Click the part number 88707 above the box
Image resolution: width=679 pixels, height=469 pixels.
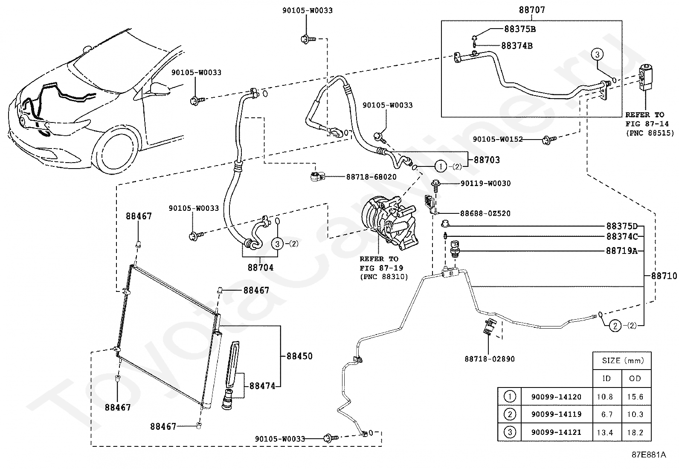[x=532, y=10]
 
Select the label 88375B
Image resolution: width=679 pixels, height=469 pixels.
[x=520, y=29]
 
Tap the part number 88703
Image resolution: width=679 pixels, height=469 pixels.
[x=487, y=160]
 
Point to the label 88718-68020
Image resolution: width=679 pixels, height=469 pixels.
[x=371, y=177]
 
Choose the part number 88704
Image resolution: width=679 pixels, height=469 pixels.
[x=261, y=268]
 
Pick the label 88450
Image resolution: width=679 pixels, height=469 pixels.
[x=299, y=356]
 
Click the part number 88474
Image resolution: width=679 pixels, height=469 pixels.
[x=262, y=386]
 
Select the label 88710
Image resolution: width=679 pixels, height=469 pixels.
[x=664, y=276]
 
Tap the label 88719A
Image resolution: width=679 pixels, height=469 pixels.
[x=622, y=251]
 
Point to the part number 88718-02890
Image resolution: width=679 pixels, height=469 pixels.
[x=490, y=359]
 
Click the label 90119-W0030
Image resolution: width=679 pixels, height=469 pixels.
[x=486, y=183]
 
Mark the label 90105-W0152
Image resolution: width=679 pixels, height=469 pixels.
[x=498, y=139]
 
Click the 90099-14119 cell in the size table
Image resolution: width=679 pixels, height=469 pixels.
[x=557, y=414]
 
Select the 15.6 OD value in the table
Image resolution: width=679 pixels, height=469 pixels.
[x=635, y=397]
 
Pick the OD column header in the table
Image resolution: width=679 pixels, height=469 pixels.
[x=635, y=378]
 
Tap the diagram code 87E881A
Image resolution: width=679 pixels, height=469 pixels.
[x=649, y=455]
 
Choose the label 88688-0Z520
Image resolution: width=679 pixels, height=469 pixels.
[x=485, y=213]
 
